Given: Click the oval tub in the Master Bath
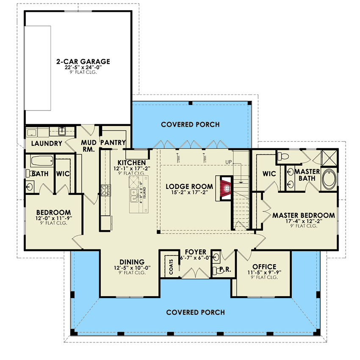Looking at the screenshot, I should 329,180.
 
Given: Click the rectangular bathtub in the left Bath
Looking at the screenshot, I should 42,161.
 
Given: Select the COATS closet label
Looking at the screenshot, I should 171,266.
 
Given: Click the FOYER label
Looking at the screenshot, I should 196,252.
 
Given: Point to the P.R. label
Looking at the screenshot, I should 221,269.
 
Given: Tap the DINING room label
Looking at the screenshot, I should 132,262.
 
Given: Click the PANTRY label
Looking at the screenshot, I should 113,143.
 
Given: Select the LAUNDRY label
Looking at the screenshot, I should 47,144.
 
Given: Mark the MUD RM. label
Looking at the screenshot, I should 89,145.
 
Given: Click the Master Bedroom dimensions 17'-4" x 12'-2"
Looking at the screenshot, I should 303,221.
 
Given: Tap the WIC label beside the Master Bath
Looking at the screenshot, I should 269,174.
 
